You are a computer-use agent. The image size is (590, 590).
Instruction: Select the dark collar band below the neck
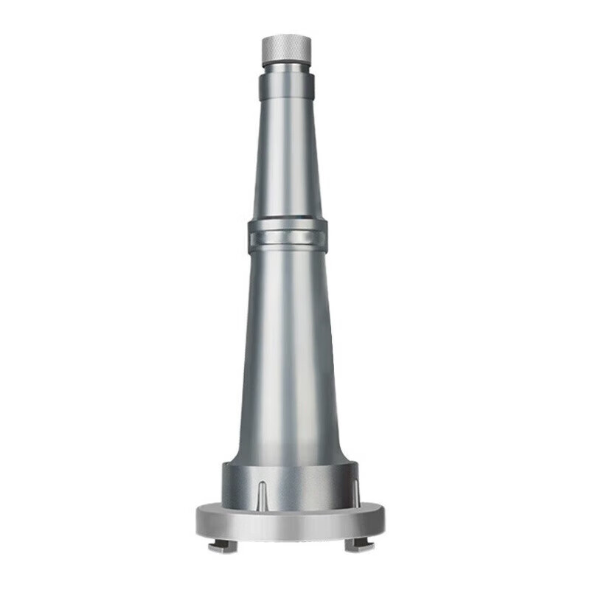[288, 87]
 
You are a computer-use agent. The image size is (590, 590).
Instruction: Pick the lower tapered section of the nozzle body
[288, 347]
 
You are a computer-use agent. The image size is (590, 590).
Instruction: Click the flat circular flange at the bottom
[290, 521]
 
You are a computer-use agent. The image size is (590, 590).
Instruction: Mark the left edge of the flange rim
[198, 519]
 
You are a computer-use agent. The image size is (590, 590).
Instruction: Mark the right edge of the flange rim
[383, 519]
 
